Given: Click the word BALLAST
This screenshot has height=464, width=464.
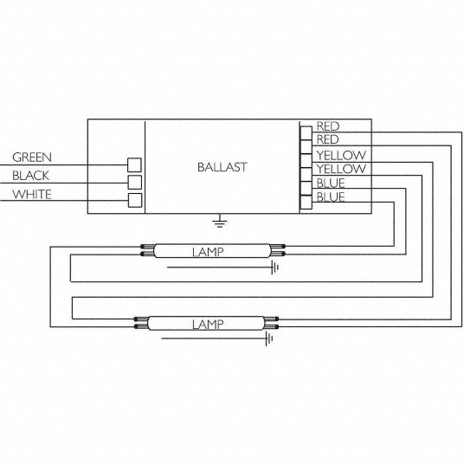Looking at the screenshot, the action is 222,167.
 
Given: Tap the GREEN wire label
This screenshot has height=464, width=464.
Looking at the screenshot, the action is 32,158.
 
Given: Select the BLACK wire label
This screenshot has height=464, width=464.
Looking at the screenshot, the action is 31,176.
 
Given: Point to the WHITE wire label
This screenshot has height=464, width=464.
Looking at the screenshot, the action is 32,195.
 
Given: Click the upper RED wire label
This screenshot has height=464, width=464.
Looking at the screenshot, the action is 328,126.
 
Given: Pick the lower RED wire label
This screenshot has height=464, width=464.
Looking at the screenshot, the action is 328,139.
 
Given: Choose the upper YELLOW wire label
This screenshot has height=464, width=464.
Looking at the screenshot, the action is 341,155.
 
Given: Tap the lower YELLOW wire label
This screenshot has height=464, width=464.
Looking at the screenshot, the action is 341,169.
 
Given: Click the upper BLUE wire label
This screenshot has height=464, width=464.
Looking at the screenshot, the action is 331,184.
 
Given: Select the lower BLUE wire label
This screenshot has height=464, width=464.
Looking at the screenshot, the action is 331,197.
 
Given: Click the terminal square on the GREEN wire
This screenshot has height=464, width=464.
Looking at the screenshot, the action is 134,164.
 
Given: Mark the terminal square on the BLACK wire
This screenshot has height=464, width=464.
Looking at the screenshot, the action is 135,183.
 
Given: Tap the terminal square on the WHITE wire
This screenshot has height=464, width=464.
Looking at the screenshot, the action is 135,200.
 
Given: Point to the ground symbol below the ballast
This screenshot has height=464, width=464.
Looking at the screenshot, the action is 220,221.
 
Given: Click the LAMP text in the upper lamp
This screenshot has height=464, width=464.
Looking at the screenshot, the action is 208,252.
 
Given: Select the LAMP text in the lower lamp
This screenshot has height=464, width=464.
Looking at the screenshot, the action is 208,325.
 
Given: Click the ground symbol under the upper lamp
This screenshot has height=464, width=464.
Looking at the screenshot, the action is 275,267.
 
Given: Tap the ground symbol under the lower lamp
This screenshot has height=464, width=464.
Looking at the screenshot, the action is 269,338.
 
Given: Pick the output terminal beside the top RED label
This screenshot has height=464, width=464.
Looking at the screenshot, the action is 306,133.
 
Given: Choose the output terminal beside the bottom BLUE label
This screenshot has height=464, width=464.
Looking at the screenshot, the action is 306,202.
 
